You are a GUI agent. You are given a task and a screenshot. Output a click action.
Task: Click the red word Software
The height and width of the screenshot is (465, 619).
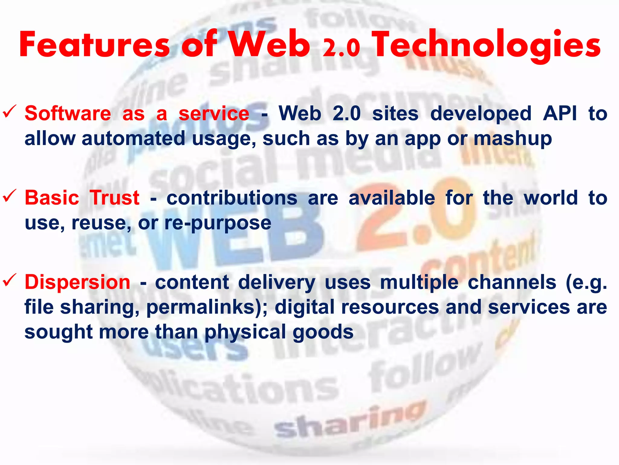[68, 114]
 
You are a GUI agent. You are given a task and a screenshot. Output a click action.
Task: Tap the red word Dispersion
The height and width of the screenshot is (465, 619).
[77, 282]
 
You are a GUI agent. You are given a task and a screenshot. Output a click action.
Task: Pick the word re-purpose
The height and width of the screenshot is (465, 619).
[218, 223]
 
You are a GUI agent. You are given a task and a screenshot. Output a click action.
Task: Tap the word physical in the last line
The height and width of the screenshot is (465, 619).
[245, 332]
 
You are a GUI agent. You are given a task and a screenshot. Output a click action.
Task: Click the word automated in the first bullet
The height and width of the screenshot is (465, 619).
[133, 139]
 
